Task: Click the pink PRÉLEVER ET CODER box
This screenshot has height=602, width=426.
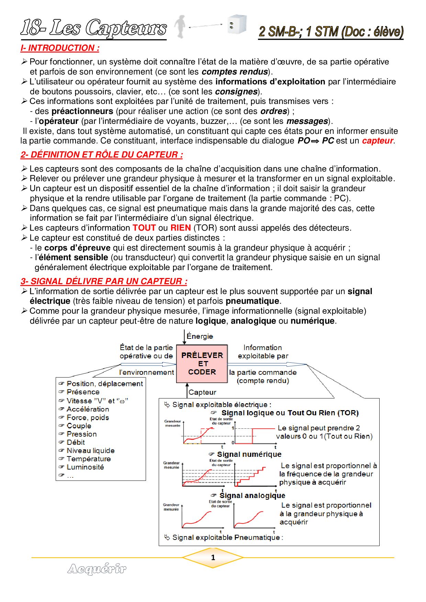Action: coord(202,364)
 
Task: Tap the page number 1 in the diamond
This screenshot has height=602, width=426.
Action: coord(213,557)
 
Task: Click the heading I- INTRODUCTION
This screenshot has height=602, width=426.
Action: coord(60,48)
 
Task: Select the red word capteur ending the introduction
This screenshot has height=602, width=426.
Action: coord(377,141)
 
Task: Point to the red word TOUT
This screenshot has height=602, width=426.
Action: coord(144,228)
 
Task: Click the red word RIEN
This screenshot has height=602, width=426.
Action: coord(180,228)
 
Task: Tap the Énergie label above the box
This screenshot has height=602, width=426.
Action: coord(200,336)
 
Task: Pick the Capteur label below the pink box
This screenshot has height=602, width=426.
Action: coord(202,392)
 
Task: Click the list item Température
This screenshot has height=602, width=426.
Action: coord(89,459)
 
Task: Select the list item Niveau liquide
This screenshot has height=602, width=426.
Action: coord(90,451)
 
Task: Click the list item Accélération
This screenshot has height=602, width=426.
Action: coord(88,409)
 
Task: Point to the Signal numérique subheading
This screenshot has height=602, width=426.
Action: coord(249,454)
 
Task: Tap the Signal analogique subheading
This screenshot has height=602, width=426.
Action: coord(252,496)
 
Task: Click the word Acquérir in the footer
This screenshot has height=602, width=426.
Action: coord(97,569)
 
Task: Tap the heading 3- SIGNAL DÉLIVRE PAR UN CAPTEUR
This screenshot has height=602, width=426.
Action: coord(104,281)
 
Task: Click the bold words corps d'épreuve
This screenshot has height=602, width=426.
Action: coord(77,248)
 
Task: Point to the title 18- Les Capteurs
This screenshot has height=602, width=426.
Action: coord(93,28)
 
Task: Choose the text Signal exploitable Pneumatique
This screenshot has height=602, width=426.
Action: coord(227,537)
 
